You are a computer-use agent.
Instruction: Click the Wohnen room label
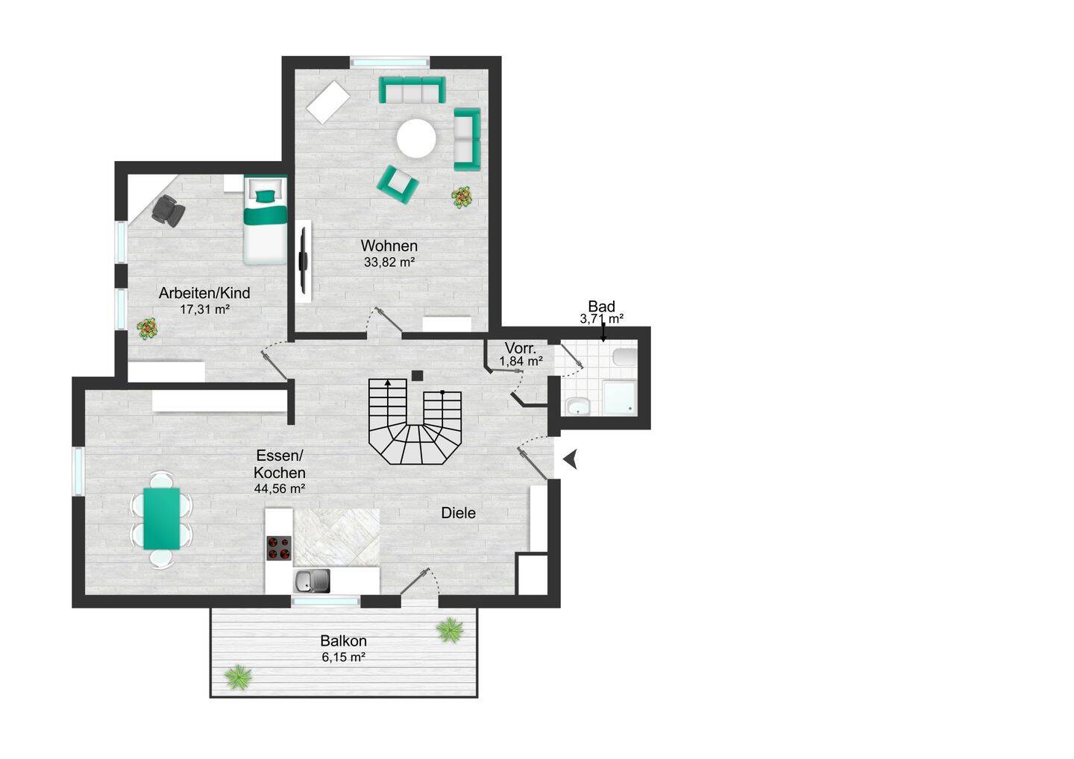point(389,246)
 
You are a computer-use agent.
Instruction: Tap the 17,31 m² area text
point(204,309)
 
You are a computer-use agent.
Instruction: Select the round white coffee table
point(416,139)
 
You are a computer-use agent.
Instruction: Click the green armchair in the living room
point(398,184)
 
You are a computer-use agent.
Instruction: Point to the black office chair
point(168,210)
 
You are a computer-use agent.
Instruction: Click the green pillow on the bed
point(266,196)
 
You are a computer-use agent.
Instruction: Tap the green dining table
point(162,518)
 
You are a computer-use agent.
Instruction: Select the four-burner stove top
point(279,548)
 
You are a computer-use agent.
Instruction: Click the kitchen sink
point(312,581)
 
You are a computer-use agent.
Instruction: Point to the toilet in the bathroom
point(625,357)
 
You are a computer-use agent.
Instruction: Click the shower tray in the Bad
point(620,397)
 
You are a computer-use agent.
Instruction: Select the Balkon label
point(343,640)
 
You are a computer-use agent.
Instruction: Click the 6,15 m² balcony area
point(343,657)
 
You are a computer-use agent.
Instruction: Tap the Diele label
point(459,513)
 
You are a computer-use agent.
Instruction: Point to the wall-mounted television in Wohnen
point(303,259)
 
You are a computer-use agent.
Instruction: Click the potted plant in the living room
point(462,196)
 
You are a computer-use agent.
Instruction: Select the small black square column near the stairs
point(418,376)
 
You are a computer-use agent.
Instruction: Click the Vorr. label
point(521,348)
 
